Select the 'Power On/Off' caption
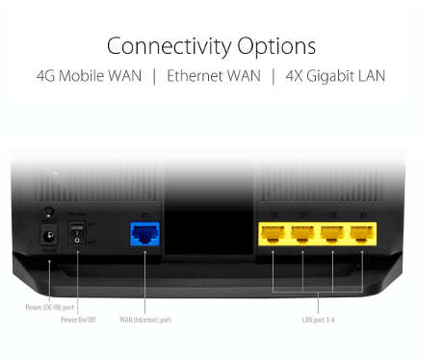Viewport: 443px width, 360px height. (x=79, y=319)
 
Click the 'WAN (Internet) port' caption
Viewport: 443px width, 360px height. (x=144, y=319)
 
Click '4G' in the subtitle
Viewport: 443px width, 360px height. (x=46, y=75)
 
